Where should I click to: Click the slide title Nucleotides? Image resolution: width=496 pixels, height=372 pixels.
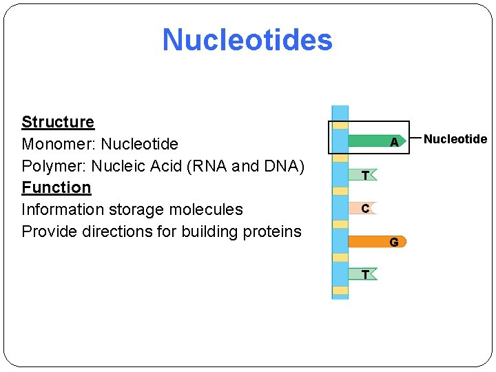click(x=247, y=40)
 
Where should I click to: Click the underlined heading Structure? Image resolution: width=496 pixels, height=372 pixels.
click(x=58, y=122)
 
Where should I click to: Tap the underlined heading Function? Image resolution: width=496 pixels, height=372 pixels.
click(x=56, y=187)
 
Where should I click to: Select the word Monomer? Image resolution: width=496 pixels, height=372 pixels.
click(x=59, y=144)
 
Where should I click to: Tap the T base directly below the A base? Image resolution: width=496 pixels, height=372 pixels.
click(x=364, y=175)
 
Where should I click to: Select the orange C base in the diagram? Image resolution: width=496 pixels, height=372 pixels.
click(x=364, y=208)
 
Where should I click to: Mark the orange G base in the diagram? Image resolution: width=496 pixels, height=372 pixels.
click(x=378, y=242)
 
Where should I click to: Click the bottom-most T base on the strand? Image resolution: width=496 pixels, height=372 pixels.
click(x=364, y=274)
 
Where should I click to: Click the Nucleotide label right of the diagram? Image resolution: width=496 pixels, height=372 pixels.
click(x=455, y=139)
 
